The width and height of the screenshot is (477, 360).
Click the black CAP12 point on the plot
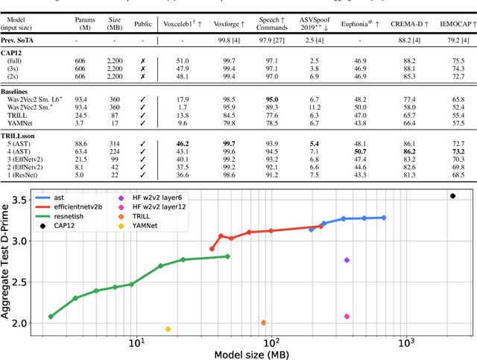[452, 196]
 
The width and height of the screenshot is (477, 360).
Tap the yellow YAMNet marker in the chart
[168, 329]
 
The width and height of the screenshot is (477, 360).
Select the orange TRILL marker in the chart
[263, 323]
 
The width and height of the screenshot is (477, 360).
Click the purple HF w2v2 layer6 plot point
[347, 260]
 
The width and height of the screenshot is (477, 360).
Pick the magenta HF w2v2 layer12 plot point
[347, 317]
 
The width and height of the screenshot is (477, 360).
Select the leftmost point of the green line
[51, 317]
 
